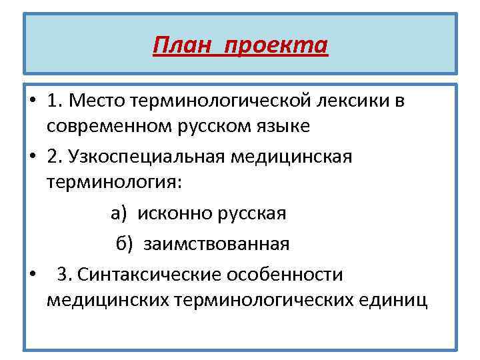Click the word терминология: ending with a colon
coord(113,181)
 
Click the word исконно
coord(175,213)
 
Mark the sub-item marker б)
coord(125,244)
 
